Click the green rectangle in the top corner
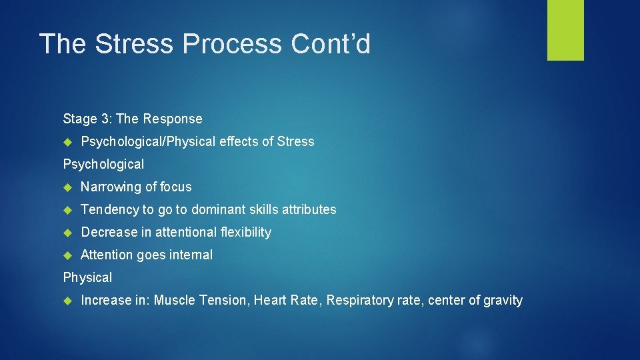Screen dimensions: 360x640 tap(565, 30)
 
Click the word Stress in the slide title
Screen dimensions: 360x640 tap(135, 44)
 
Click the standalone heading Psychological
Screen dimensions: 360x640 tap(103, 164)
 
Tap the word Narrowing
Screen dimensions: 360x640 tap(109, 187)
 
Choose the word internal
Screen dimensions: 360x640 tap(192, 255)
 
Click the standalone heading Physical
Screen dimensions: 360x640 tap(87, 277)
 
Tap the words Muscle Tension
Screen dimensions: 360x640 tap(203, 300)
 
